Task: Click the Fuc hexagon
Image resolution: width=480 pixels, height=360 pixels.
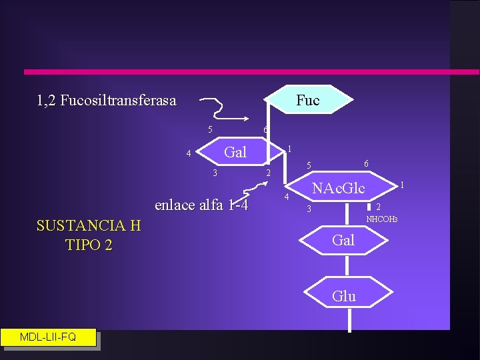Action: pos(307,100)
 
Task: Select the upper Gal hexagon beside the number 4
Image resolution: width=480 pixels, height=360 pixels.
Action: pos(235,152)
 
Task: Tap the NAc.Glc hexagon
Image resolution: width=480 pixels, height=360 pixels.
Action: pos(339,189)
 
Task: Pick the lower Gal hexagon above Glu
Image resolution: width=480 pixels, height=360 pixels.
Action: pos(343,240)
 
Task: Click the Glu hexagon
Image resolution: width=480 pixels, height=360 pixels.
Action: pos(343,296)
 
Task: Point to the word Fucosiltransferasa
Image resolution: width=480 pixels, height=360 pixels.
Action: pos(118,101)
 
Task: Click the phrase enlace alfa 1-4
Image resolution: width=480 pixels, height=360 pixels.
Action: pos(201,205)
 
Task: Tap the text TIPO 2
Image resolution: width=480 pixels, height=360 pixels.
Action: pos(89,245)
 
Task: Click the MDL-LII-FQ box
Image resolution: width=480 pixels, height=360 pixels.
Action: pos(48,337)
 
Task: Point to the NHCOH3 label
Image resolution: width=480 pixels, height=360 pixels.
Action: pos(381,219)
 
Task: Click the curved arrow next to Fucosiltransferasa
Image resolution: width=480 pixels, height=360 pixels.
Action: pos(223,110)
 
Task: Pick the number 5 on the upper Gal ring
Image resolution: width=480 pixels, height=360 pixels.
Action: pos(209,130)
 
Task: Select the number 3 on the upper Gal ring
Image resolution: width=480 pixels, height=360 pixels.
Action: pos(215,173)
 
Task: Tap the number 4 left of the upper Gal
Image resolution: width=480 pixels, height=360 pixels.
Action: pos(189,154)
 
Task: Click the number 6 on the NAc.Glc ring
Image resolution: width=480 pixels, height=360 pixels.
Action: pos(366,163)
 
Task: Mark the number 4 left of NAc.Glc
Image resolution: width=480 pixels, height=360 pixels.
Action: pos(287,198)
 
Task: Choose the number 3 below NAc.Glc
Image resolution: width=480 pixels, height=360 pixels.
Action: pos(308,210)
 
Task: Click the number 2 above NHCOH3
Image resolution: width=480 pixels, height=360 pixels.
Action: pos(379,207)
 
